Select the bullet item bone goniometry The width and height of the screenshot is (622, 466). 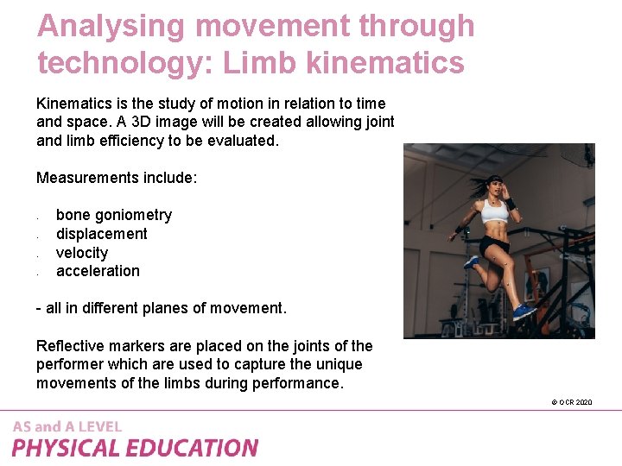pyautogui.click(x=114, y=215)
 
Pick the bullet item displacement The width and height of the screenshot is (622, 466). pyautogui.click(x=102, y=234)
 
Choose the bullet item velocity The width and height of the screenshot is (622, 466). pyautogui.click(x=82, y=253)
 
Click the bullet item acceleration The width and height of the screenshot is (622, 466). pyautogui.click(x=98, y=271)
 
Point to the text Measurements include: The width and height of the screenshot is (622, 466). pyautogui.click(x=117, y=178)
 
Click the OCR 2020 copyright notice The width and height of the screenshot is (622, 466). pyautogui.click(x=571, y=402)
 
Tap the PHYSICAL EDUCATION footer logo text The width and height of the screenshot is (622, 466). pyautogui.click(x=135, y=448)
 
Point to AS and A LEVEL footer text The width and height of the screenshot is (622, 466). pyautogui.click(x=67, y=426)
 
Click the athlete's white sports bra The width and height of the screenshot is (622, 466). pyautogui.click(x=494, y=212)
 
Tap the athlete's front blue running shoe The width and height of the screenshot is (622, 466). pyautogui.click(x=524, y=311)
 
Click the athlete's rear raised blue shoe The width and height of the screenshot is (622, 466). pyautogui.click(x=471, y=261)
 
